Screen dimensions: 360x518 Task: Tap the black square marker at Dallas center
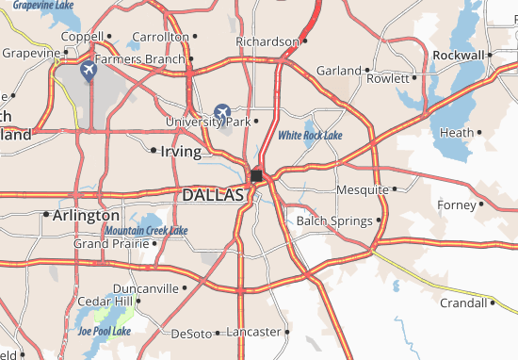[256, 175]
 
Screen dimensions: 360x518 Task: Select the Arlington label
[87, 215]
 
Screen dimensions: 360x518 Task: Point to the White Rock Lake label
[310, 136]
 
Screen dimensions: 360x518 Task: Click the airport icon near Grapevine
[89, 70]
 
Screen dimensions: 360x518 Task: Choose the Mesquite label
[362, 189]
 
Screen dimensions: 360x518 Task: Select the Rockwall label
[459, 55]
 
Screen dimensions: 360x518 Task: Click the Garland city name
[338, 70]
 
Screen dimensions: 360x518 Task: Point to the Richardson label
[267, 41]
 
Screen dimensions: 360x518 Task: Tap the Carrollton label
[160, 36]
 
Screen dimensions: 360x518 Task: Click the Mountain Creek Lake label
[145, 230]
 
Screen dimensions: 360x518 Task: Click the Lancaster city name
[255, 332]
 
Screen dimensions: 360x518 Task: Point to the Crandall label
[464, 303]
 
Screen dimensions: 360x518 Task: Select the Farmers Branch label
[139, 58]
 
